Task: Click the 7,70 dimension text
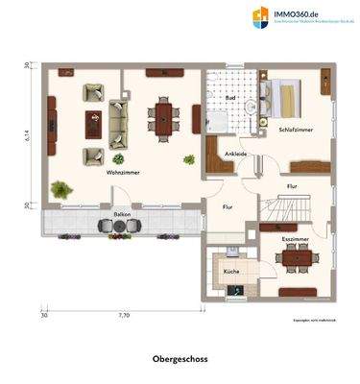(x=123, y=315)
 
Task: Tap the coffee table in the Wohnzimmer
(x=94, y=121)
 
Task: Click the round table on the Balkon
(x=120, y=226)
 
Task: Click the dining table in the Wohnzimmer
(x=163, y=117)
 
